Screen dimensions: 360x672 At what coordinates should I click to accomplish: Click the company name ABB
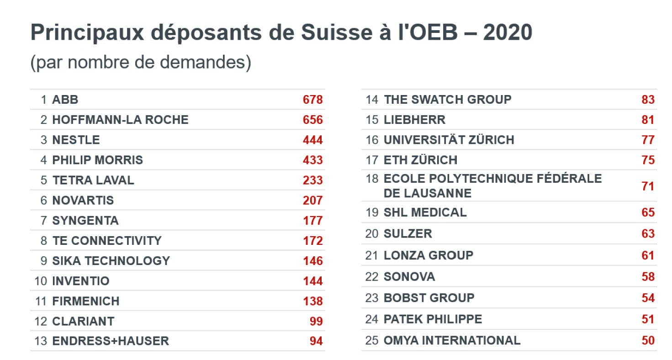point(65,100)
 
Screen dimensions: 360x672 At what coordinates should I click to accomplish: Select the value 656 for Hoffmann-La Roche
point(312,120)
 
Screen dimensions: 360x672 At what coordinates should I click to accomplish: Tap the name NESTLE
point(76,140)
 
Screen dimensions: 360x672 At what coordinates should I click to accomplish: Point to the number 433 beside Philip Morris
point(312,160)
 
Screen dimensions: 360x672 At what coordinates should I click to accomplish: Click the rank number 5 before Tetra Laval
point(44,180)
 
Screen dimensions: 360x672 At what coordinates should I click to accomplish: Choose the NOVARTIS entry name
point(83,200)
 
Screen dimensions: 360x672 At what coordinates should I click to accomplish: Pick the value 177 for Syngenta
point(312,221)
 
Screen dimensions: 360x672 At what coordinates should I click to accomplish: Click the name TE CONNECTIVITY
point(107,241)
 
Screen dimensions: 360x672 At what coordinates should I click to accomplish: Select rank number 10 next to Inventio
point(41,281)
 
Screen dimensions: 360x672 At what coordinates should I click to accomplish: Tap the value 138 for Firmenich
point(312,301)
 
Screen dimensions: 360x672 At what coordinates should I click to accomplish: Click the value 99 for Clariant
point(316,321)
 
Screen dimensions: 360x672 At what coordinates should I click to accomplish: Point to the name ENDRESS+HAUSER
point(111,341)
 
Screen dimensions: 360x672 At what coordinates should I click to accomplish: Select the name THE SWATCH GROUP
point(447,100)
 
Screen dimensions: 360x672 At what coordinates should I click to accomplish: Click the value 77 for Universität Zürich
point(648,140)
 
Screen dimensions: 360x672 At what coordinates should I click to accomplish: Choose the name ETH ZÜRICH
point(420,160)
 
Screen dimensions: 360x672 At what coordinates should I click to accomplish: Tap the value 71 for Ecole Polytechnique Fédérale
point(648,186)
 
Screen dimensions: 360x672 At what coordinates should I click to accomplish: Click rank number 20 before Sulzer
point(372,233)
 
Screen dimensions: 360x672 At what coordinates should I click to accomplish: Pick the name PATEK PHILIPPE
point(433,319)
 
